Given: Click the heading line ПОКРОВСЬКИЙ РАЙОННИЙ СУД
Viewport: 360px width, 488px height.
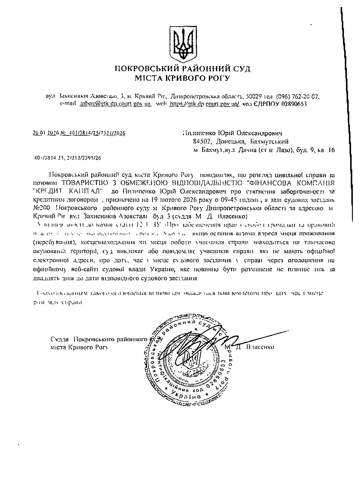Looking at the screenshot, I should coord(183,69).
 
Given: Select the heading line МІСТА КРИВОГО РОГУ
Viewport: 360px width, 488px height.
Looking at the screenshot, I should coord(183,78).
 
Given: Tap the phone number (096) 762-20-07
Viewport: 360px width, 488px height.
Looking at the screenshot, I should coord(298,97).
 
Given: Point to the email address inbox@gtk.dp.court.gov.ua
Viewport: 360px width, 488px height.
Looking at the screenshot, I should coord(115,104).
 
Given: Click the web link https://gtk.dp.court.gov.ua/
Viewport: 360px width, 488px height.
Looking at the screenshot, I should coord(204,104).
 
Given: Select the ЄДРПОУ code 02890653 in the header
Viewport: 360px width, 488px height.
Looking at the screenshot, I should coord(294,104).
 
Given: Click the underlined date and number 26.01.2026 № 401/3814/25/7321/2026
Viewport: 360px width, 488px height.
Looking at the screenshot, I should coord(79,133).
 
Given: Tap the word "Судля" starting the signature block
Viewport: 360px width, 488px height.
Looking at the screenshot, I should coord(60,339).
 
